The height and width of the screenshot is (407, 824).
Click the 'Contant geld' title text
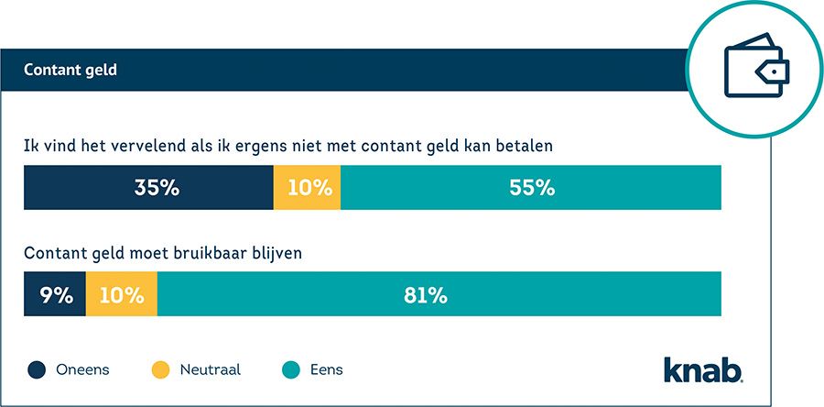(70, 70)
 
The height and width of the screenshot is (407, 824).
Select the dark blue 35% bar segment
(148, 188)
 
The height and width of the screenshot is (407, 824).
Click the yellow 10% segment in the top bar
(308, 188)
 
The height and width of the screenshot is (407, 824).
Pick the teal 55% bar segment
(531, 188)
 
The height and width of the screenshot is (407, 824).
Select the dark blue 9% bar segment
(55, 295)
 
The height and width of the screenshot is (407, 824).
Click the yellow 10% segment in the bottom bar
(122, 295)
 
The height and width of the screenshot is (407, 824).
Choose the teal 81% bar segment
(439, 295)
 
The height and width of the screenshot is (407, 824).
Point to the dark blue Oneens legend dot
(37, 370)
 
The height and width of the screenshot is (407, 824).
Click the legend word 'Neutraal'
(211, 370)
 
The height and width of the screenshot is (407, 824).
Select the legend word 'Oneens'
(81, 370)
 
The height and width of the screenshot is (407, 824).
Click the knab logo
(703, 368)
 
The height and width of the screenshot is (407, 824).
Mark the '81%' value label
(426, 295)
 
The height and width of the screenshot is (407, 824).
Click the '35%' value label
(156, 188)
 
